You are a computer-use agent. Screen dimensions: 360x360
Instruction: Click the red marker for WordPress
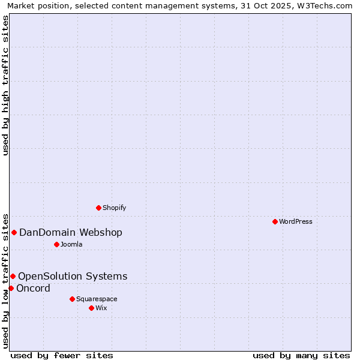[x=275, y=221]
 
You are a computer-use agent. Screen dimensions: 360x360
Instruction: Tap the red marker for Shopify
[x=98, y=208]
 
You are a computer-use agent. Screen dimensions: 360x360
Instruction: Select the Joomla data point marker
[x=56, y=244]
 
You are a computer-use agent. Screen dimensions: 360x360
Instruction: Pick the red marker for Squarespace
[x=72, y=299]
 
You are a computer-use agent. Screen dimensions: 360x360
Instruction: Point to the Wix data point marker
[x=91, y=308]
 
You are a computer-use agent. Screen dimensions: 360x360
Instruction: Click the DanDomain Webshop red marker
[x=14, y=232]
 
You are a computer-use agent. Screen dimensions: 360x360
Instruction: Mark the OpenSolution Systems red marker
[x=13, y=276]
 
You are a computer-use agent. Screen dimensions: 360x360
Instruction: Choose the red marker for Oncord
[x=11, y=288]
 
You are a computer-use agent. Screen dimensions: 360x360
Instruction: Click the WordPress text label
[x=296, y=221]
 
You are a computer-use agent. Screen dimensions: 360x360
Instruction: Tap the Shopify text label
[x=114, y=208]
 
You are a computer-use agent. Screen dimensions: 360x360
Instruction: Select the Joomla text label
[x=71, y=244]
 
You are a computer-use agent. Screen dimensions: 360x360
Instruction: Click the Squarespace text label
[x=97, y=299]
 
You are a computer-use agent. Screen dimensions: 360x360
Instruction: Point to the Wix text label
[x=101, y=308]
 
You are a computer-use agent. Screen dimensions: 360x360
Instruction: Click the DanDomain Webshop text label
[x=71, y=233]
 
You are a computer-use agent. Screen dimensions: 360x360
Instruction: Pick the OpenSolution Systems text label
[x=73, y=277]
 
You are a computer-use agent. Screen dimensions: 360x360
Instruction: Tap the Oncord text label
[x=33, y=289]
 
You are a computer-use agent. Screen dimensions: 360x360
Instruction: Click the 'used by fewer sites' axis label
[x=62, y=355]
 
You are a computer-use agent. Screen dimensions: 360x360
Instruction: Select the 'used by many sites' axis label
[x=301, y=355]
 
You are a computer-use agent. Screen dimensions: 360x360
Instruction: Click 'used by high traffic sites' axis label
[x=5, y=86]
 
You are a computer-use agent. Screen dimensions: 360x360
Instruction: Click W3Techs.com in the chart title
[x=328, y=5]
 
